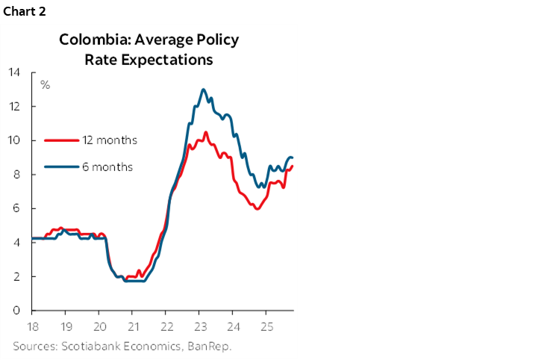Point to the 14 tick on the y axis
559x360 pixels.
tap(14, 72)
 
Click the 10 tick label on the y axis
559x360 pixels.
tap(14, 140)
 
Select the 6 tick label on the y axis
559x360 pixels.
tap(16, 208)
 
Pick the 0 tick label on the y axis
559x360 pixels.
tap(16, 310)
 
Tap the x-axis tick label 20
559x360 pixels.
tap(100, 326)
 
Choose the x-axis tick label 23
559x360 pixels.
tap(199, 326)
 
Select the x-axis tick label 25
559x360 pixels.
tap(265, 326)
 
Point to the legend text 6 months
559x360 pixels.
tap(107, 167)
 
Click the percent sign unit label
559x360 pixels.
tap(45, 84)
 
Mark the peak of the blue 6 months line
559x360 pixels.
tap(203, 90)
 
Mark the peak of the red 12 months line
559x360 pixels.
tap(205, 132)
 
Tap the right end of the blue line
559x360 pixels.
tap(292, 158)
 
